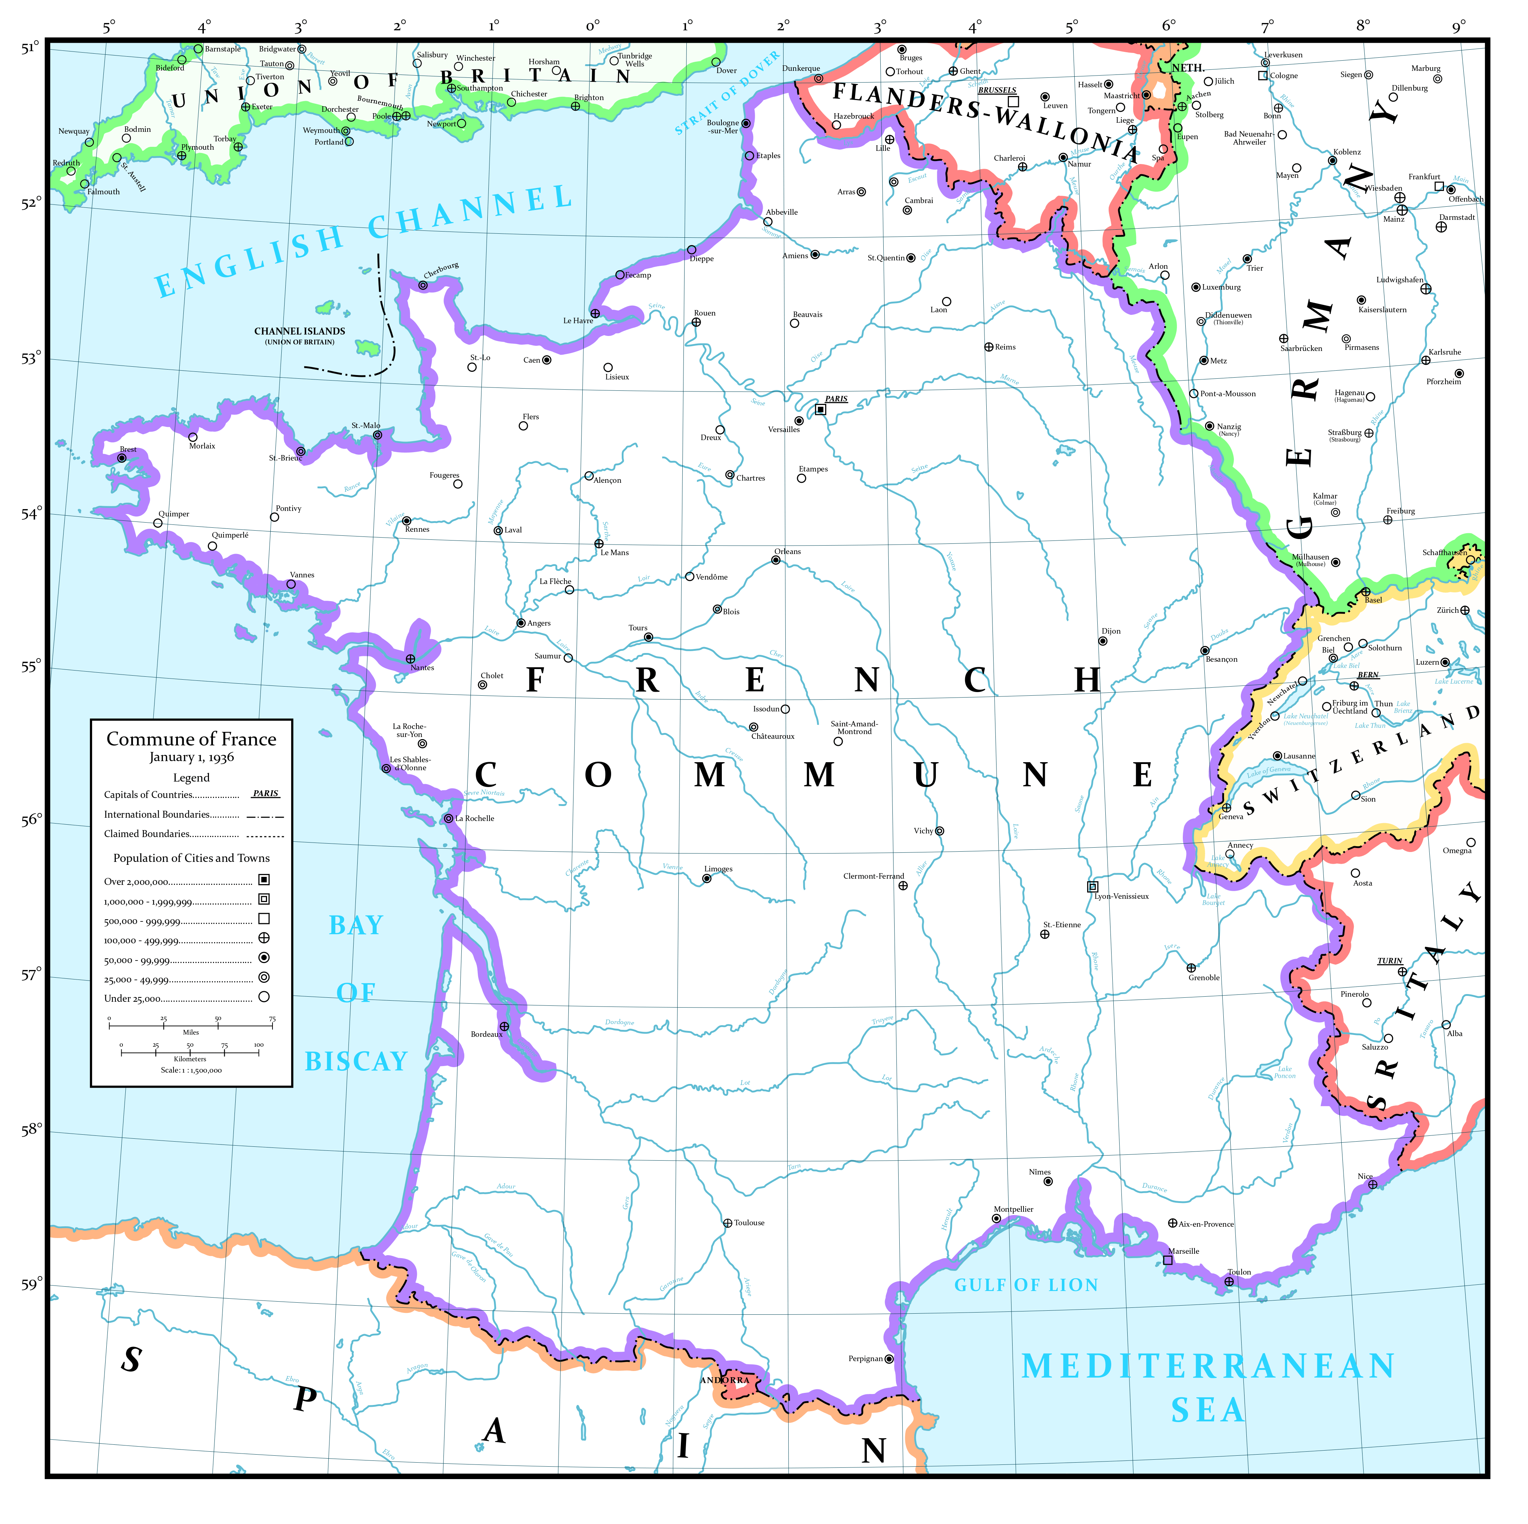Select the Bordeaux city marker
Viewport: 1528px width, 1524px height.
504,1027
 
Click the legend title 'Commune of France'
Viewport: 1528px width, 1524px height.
191,739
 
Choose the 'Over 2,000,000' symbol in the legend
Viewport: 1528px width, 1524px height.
264,879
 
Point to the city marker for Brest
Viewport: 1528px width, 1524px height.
122,458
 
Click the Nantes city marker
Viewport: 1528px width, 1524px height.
411,659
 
